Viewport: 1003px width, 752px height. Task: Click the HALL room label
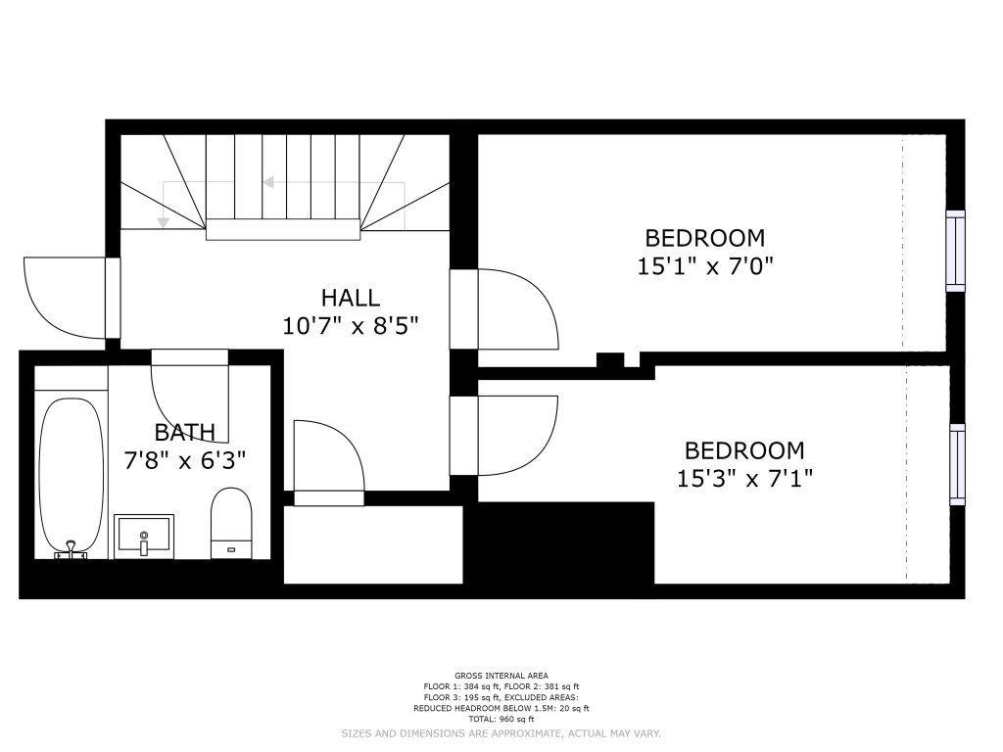pos(350,298)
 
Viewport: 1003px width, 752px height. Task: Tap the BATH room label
pos(185,433)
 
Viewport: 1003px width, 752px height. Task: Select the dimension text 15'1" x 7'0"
pos(705,265)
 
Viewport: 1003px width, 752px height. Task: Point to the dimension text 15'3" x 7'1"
pos(744,478)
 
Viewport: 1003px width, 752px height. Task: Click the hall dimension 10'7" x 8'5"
pos(350,326)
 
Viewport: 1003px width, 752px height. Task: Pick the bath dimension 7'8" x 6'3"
pos(185,460)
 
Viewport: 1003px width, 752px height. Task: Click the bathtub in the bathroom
pos(71,478)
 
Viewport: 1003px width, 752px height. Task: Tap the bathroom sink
pos(144,536)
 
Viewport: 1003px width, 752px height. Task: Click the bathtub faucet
pos(71,550)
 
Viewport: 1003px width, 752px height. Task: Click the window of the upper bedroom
pos(955,251)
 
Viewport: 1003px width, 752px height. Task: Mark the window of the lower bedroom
pos(957,464)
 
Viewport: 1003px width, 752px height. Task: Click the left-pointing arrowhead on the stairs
pos(268,183)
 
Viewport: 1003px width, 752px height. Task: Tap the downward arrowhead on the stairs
pos(164,222)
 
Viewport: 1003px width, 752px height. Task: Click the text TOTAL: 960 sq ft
pos(501,720)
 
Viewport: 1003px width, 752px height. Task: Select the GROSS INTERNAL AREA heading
pos(501,676)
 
